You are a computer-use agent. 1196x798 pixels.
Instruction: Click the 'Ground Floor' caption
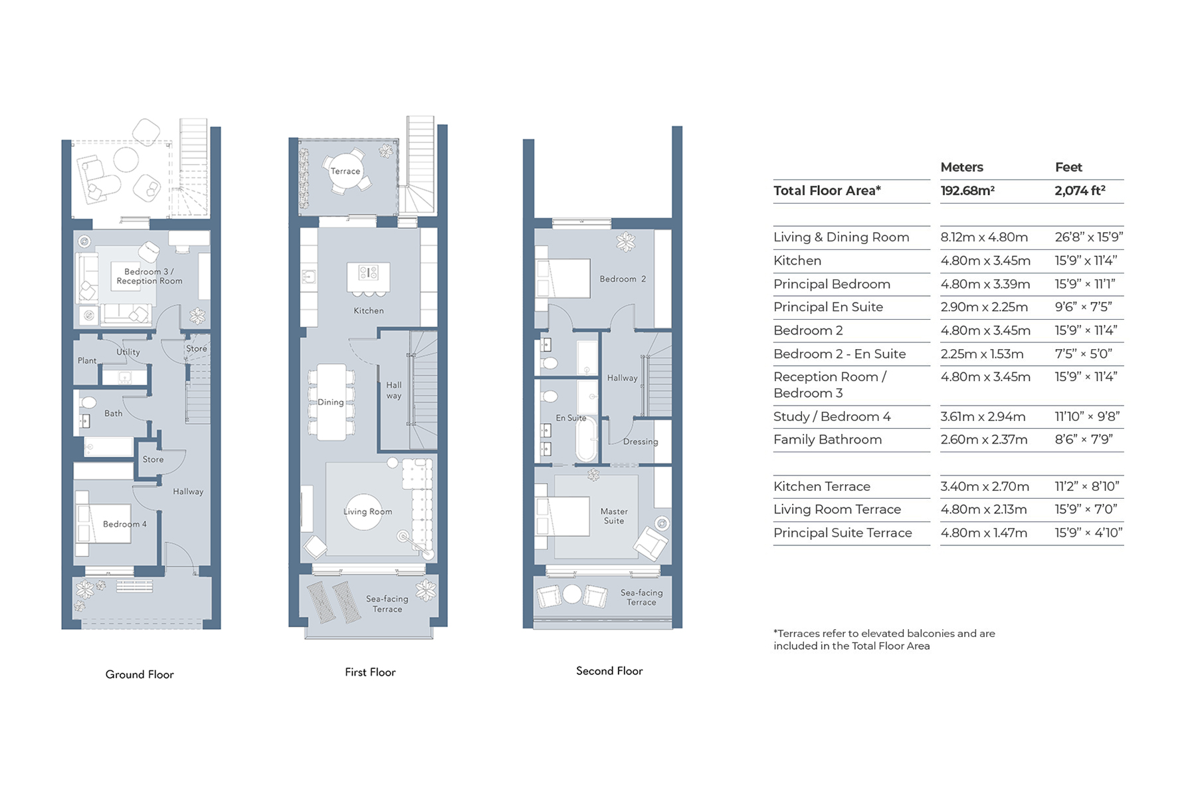[x=140, y=674]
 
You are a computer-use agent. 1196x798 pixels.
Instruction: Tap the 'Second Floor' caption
[x=609, y=671]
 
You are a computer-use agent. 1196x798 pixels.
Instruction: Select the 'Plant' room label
[x=87, y=360]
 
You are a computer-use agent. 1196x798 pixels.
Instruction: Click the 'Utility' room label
[x=128, y=352]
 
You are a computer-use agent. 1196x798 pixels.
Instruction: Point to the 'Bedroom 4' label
[x=125, y=524]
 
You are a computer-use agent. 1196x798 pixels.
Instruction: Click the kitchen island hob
[x=368, y=272]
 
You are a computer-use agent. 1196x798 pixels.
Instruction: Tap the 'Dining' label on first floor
[x=331, y=402]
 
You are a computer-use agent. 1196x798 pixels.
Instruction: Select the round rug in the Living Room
[x=364, y=511]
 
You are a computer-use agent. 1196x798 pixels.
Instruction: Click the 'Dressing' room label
[x=641, y=442]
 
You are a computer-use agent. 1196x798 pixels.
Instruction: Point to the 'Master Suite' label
[x=614, y=516]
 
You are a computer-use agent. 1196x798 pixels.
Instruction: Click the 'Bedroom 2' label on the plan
[x=623, y=279]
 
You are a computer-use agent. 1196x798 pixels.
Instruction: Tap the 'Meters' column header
[x=961, y=167]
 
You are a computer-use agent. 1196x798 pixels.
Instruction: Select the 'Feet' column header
[x=1068, y=167]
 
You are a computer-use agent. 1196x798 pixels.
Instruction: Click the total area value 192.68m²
[x=967, y=191]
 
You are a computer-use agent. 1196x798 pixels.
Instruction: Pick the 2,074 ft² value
[x=1080, y=191]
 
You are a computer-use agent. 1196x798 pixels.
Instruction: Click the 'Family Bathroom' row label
[x=827, y=440]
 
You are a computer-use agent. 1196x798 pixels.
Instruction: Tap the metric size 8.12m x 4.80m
[x=984, y=237]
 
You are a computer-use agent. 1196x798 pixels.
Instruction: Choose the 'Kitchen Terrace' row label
[x=822, y=486]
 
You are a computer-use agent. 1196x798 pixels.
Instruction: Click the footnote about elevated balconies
[x=884, y=640]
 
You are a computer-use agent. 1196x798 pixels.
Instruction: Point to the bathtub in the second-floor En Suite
[x=586, y=439]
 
